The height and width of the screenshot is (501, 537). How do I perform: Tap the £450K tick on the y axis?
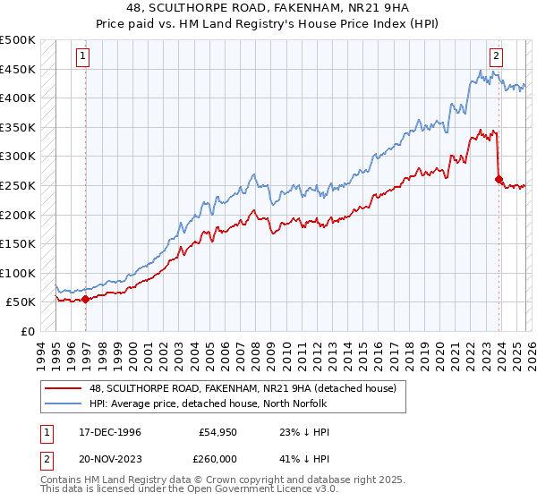point(18,70)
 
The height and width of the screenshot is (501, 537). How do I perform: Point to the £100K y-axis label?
point(18,273)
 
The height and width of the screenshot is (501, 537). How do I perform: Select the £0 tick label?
point(26,331)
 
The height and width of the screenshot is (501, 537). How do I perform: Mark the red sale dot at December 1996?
point(86,300)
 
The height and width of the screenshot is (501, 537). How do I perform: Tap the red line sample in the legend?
point(64,387)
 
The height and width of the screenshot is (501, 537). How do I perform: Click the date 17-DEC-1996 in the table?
point(105,432)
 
